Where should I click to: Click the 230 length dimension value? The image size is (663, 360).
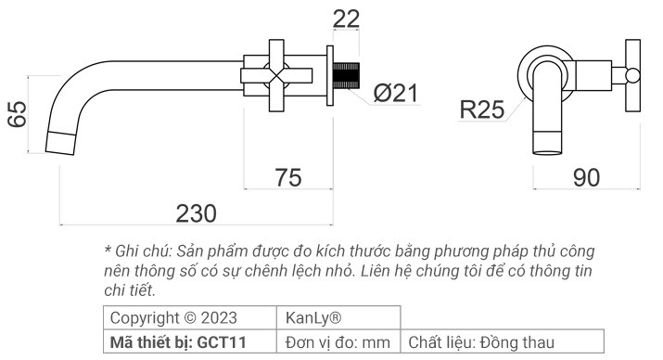(196, 212)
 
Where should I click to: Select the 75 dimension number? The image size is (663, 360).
(289, 176)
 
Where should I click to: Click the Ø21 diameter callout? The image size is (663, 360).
(396, 94)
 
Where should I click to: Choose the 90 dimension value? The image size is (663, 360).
(585, 177)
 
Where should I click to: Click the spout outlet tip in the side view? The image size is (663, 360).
(61, 144)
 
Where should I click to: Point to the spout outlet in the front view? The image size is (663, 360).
(547, 144)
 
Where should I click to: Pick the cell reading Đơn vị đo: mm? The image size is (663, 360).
(338, 341)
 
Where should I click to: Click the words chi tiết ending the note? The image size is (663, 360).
(129, 290)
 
